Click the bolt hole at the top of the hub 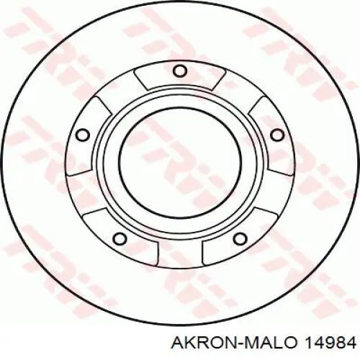[179, 70]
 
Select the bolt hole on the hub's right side [276, 134]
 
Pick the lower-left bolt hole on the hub [121, 238]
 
